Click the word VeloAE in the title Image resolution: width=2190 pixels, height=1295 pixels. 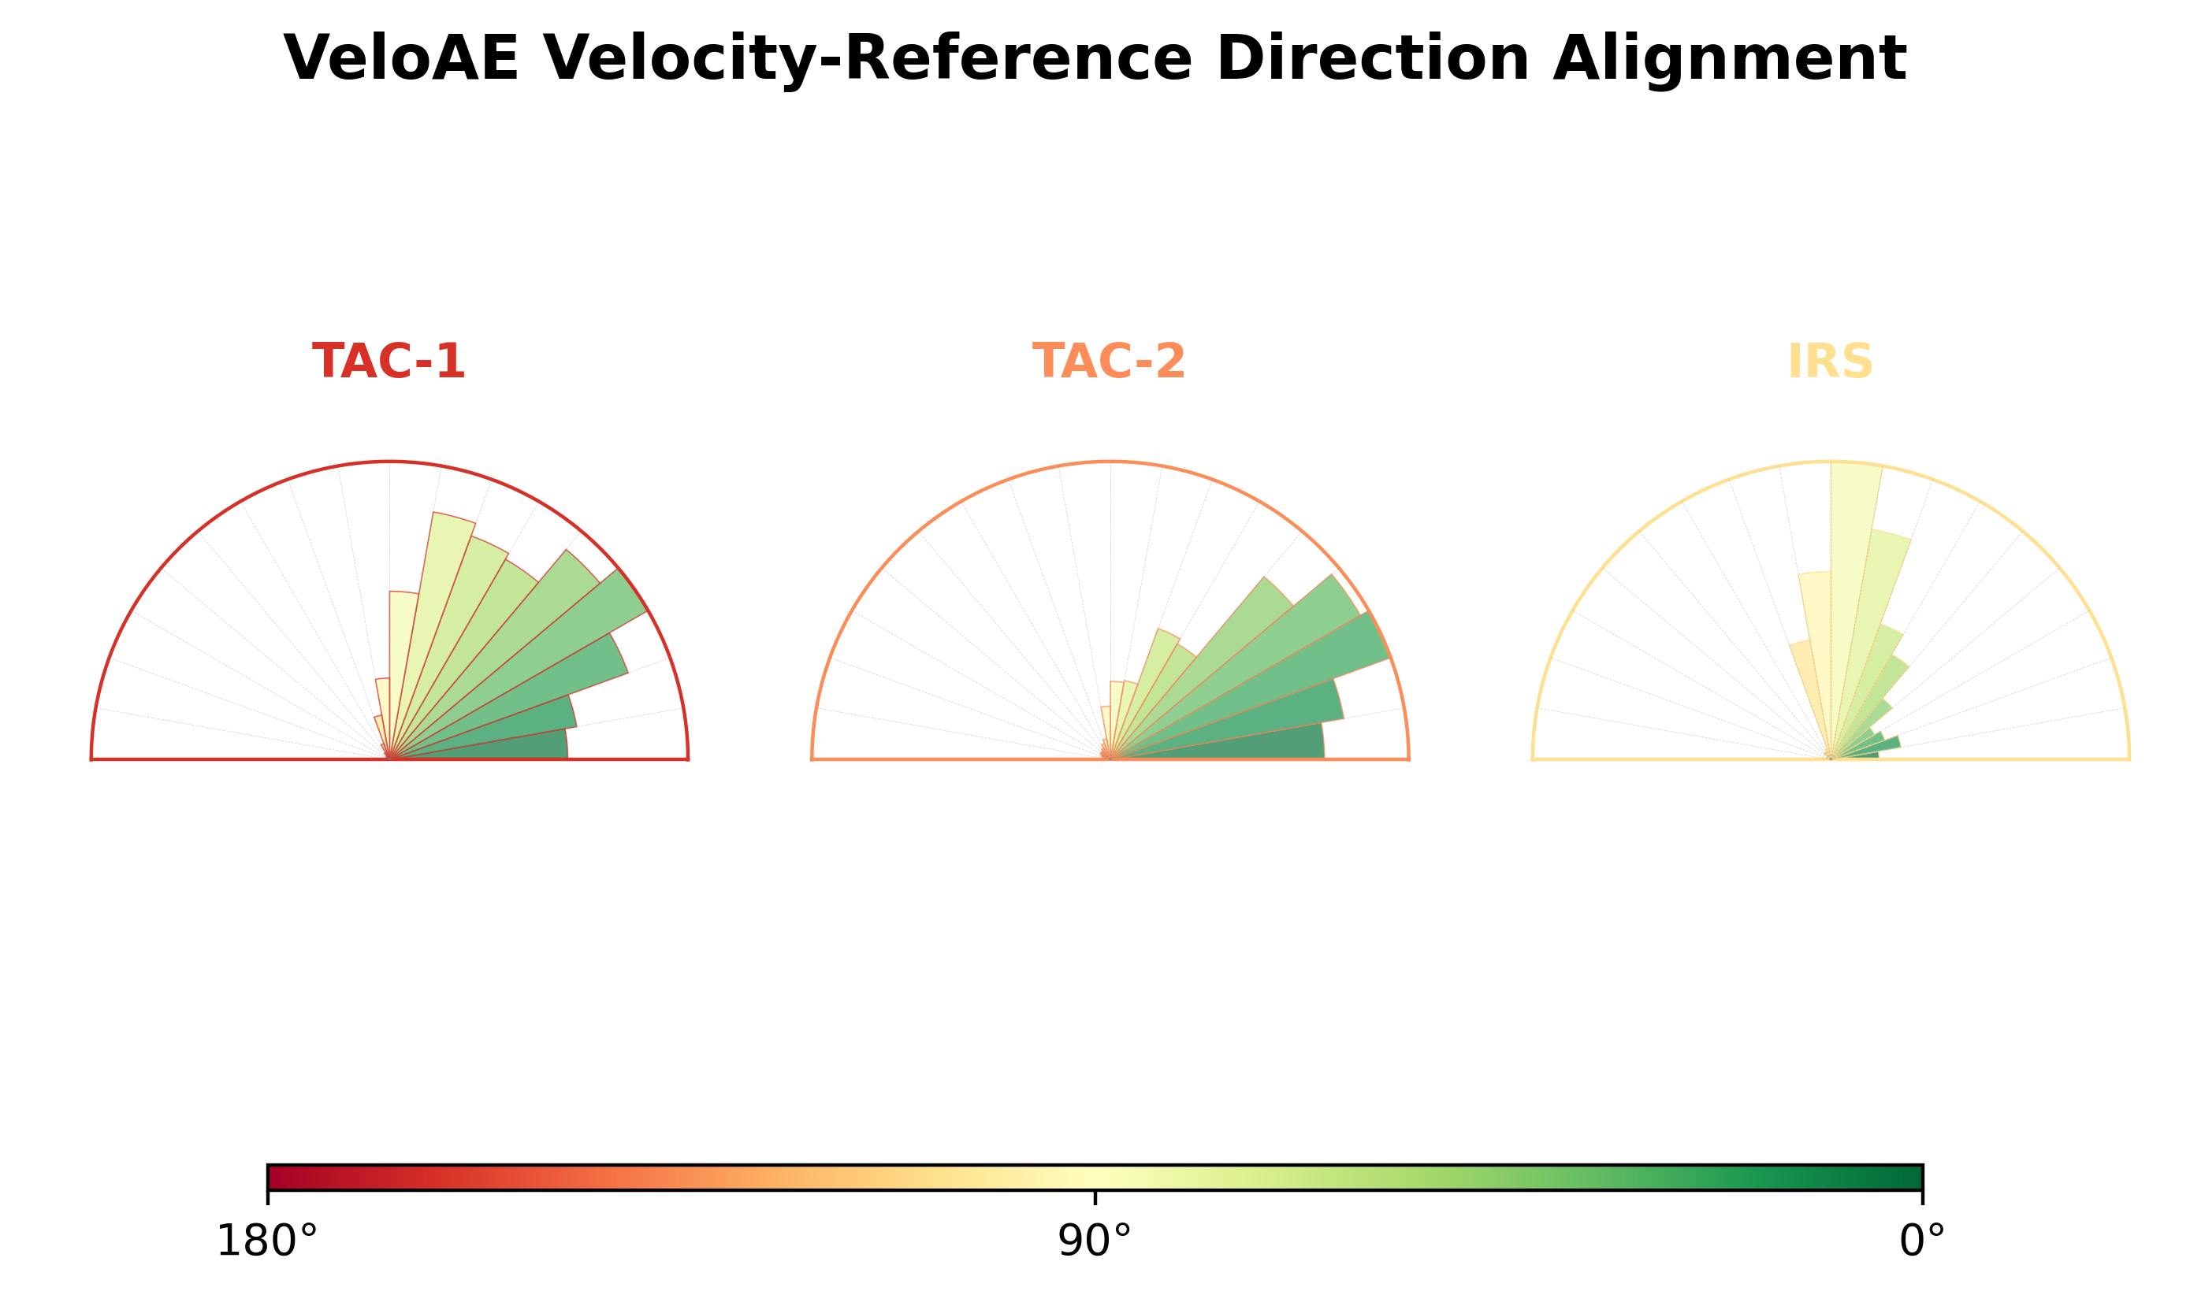[402, 58]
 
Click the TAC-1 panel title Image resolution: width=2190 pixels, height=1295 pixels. [389, 362]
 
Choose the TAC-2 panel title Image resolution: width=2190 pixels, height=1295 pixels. [1110, 362]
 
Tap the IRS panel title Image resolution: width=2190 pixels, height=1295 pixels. [1831, 362]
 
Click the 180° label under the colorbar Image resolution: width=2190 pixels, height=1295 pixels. [267, 1241]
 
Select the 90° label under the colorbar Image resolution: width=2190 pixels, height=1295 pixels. [1095, 1241]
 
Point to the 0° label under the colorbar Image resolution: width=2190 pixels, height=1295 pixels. [1923, 1241]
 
